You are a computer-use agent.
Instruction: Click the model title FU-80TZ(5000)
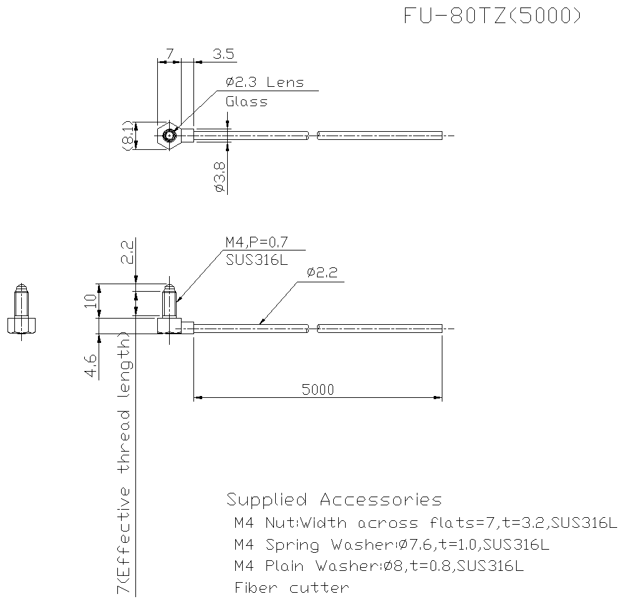(492, 17)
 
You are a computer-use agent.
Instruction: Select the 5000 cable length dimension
(318, 390)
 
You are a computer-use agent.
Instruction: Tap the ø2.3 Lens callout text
(265, 82)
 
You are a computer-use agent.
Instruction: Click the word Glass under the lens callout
(246, 102)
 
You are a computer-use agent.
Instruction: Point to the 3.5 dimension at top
(223, 54)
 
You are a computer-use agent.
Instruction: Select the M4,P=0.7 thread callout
(256, 242)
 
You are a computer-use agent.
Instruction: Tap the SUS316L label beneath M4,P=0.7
(257, 260)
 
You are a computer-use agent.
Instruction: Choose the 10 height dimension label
(91, 301)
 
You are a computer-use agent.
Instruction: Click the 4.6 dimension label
(91, 365)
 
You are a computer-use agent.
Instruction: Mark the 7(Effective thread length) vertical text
(124, 462)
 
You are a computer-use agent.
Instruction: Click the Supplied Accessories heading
(334, 500)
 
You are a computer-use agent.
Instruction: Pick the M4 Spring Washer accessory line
(391, 545)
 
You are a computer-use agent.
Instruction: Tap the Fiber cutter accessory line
(291, 588)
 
